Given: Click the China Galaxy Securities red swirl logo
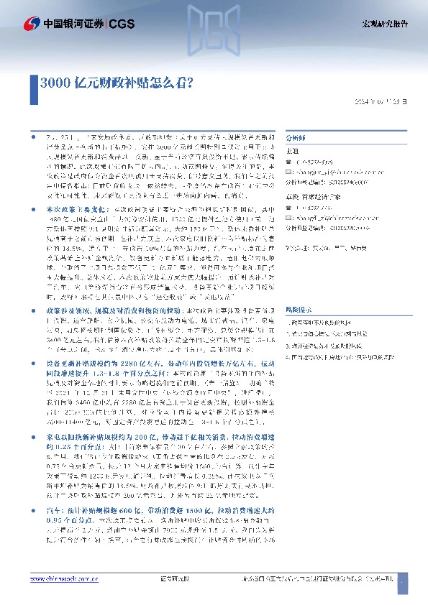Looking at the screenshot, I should pos(32,24).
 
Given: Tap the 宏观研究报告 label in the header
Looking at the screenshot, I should pos(383,24).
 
